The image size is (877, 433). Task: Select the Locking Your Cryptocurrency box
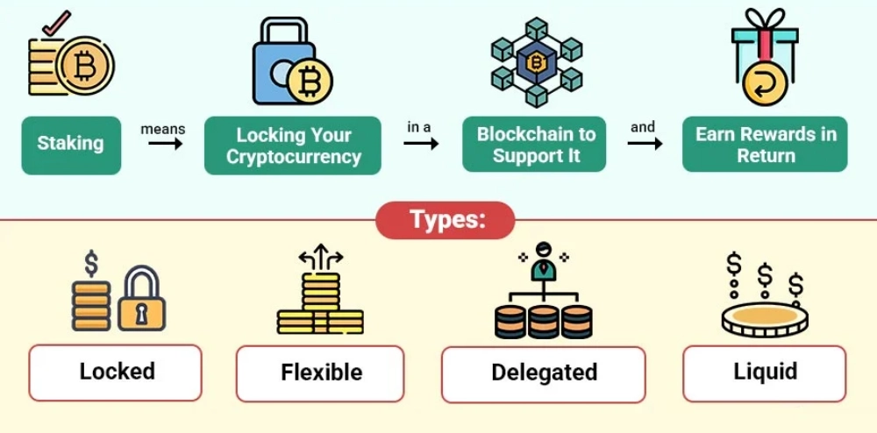(x=293, y=146)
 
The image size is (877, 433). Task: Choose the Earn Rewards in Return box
(x=765, y=145)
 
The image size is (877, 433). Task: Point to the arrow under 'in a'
(x=421, y=143)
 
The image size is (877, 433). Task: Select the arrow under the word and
(x=645, y=143)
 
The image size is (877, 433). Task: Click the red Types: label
(x=446, y=219)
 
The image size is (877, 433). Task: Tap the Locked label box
(x=116, y=372)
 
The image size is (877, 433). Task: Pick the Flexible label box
(x=320, y=373)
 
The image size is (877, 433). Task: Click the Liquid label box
(x=764, y=372)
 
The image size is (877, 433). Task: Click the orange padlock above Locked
(x=142, y=300)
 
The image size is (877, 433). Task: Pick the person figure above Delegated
(x=544, y=259)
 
